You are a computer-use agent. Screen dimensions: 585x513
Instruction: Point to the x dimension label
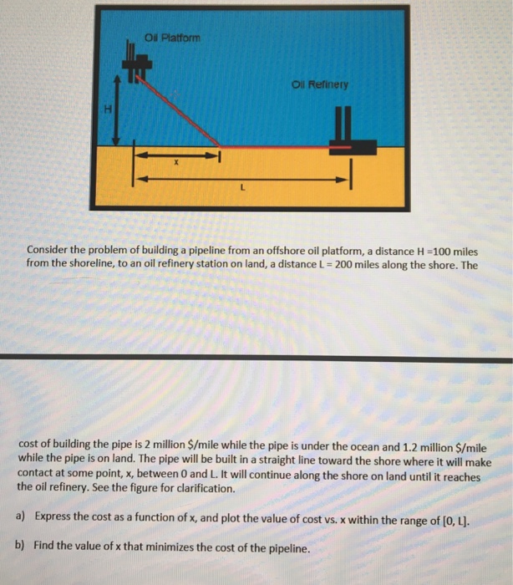(175, 165)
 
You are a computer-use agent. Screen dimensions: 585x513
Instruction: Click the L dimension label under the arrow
(241, 189)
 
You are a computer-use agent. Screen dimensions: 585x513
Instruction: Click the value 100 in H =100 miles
(441, 250)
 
